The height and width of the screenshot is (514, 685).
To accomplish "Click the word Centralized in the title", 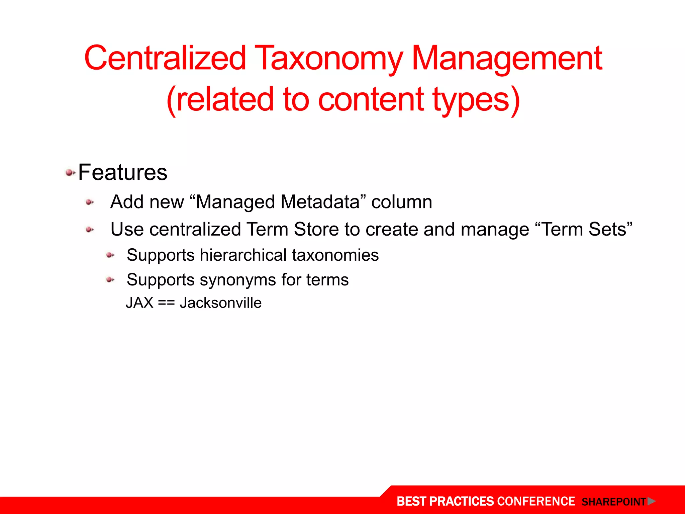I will [165, 58].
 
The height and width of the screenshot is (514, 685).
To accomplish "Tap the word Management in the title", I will [507, 59].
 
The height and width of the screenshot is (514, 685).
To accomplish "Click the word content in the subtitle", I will [371, 99].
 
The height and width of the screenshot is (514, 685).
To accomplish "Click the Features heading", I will [123, 173].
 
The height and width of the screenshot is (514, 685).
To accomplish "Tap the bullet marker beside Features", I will [70, 173].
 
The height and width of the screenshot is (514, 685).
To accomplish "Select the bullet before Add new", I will [90, 202].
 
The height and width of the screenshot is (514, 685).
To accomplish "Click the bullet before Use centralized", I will [90, 230].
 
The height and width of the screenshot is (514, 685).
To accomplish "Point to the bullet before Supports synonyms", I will [110, 280].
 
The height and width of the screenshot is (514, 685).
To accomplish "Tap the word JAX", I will [139, 303].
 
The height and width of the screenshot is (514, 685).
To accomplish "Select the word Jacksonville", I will [220, 303].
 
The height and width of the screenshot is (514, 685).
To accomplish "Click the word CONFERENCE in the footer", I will [536, 501].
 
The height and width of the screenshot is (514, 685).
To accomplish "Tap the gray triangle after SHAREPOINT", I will [651, 501].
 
